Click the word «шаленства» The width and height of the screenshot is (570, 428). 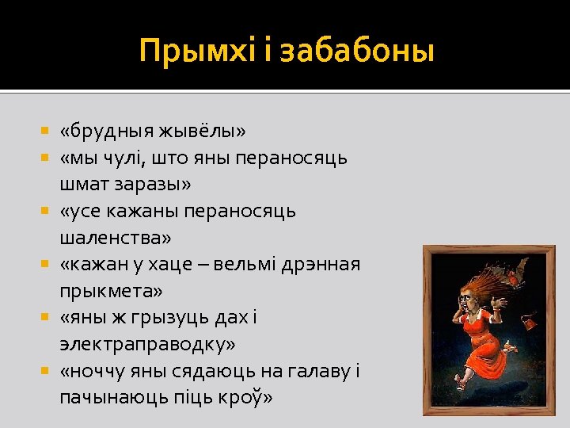(x=115, y=238)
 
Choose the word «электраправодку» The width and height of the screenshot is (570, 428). (x=147, y=346)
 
